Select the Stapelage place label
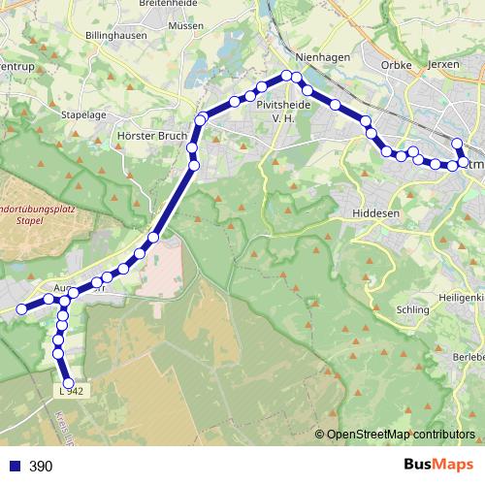pos(83,114)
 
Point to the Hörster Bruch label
pos(149,136)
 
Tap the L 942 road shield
pos(72,391)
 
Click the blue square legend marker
pos(14,467)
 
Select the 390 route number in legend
pos(41,467)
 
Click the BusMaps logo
pos(434,466)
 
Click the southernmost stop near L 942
pos(67,382)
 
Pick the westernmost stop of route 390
pos(20,308)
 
